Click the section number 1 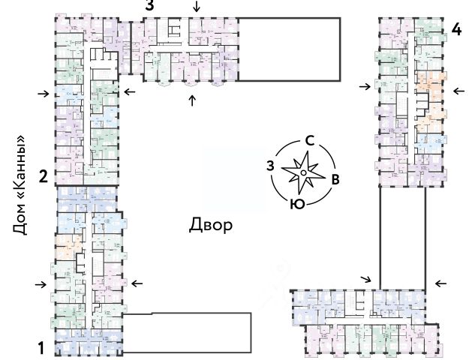coord(43,347)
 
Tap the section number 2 coord(43,177)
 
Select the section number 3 coord(150,6)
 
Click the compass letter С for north coord(308,140)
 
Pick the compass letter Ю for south coord(296,203)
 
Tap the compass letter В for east coord(336,178)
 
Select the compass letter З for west coord(270,165)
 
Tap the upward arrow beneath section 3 coord(192,100)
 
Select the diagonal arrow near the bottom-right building coord(365,279)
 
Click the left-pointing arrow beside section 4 coord(457,91)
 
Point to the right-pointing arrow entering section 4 coord(365,87)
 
